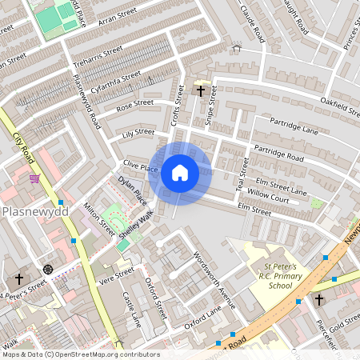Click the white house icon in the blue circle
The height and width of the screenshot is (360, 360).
[180, 173]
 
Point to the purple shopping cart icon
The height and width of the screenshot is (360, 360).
[34, 178]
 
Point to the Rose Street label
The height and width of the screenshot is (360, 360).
[134, 103]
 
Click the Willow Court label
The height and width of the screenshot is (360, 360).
[268, 194]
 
